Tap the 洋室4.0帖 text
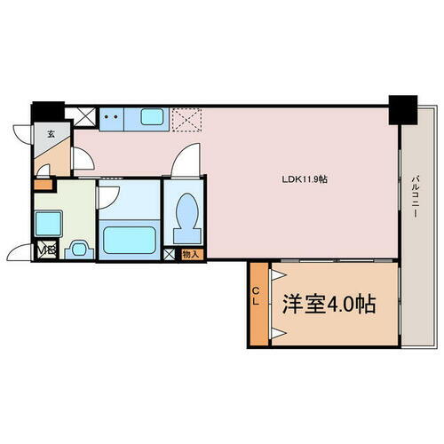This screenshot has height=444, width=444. coord(329,305)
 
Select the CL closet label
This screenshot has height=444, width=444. coord(256,302)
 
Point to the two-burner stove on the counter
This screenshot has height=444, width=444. coord(112,115)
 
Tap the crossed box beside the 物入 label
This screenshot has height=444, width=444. coord(170,255)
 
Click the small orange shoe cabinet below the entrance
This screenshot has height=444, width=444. coord(42,186)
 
